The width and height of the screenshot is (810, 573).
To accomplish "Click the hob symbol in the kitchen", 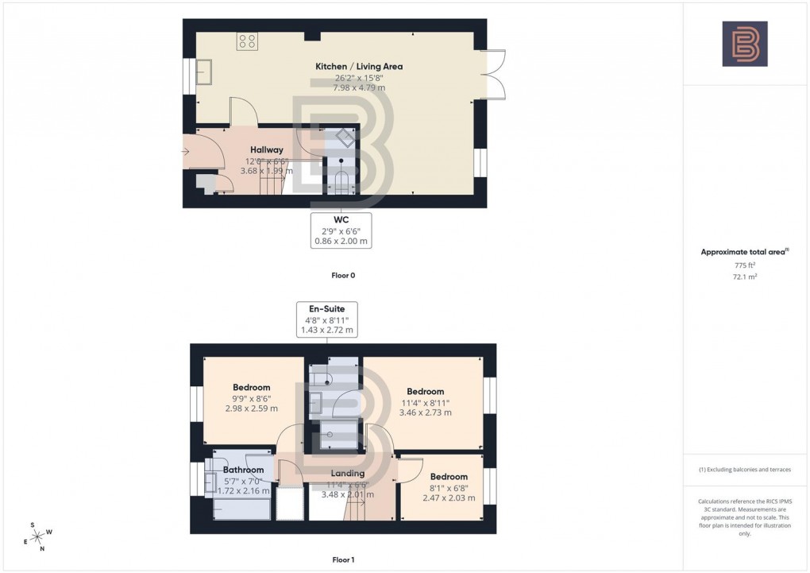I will (245, 41).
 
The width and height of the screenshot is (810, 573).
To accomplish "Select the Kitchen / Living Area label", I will (358, 67).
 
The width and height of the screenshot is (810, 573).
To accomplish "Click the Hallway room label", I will (267, 149).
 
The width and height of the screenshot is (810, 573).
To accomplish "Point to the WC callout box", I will (341, 230).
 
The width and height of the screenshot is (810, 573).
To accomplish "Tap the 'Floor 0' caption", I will (343, 275).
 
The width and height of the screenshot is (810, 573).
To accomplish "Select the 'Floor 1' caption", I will (343, 559).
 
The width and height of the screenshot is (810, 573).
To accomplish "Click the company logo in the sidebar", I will (744, 44).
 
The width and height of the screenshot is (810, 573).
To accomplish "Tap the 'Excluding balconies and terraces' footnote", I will (744, 470).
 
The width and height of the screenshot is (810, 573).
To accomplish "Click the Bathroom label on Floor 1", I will (243, 470).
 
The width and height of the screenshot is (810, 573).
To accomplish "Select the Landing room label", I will (348, 474).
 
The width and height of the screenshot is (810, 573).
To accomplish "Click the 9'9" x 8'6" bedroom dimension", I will (251, 398).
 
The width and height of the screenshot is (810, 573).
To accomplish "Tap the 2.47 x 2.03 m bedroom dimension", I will (448, 498).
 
